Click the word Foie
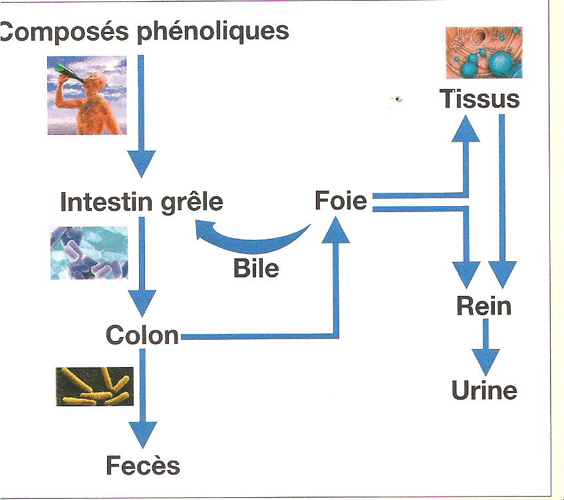pyautogui.click(x=341, y=200)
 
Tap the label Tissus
pyautogui.click(x=479, y=99)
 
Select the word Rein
pyautogui.click(x=484, y=307)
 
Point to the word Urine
pyautogui.click(x=484, y=390)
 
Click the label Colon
pyautogui.click(x=143, y=334)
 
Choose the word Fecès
pyautogui.click(x=143, y=465)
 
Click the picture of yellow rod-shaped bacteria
pyautogui.click(x=94, y=387)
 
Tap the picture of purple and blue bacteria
pyautogui.click(x=88, y=253)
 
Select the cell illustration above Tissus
pyautogui.click(x=484, y=53)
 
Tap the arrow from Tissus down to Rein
pyautogui.click(x=503, y=199)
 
